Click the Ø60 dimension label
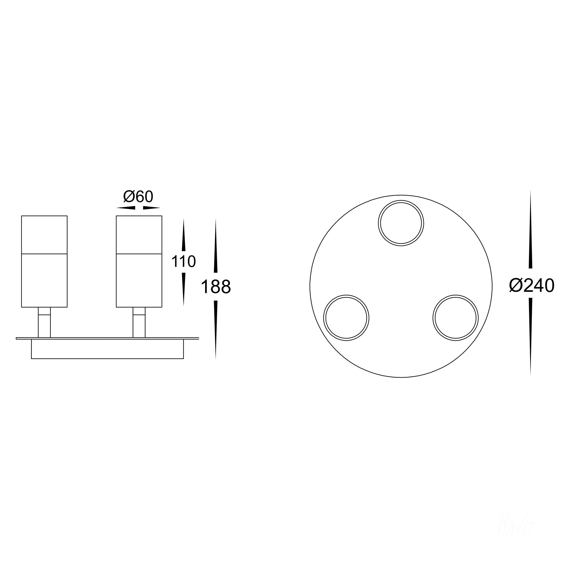pos(138,197)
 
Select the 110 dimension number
pos(183,261)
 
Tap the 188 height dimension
pos(216,287)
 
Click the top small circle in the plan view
pos(401,223)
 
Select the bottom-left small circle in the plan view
pos(346,318)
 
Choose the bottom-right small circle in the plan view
pos(455,318)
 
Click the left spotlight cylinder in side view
pos(44,261)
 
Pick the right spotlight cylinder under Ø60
pos(139,261)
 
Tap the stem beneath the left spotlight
pos(44,322)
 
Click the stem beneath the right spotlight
pos(139,322)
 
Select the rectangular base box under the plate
pos(107,349)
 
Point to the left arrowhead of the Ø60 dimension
pos(126,208)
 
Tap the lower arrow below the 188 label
pos(216,328)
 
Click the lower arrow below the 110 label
pos(183,288)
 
